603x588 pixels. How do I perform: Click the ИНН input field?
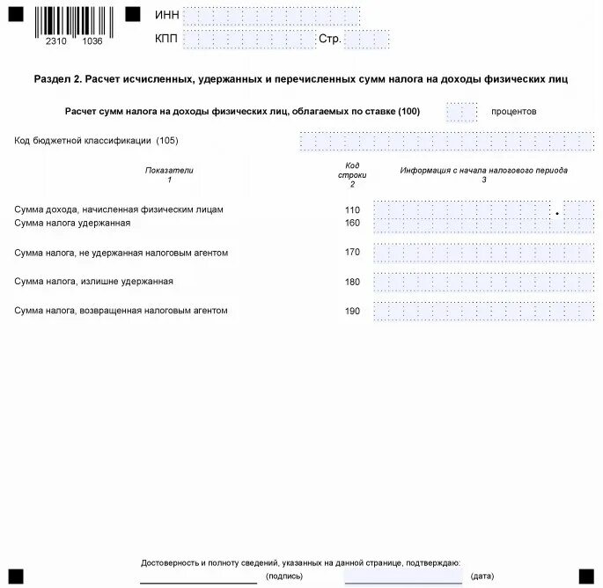click(271, 16)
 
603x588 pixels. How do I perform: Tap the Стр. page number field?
click(366, 40)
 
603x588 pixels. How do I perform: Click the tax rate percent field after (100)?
click(461, 112)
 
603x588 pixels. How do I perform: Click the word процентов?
click(513, 112)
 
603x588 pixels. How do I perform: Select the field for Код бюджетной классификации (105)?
click(446, 141)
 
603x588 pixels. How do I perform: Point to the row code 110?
click(352, 210)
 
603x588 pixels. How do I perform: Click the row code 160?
click(352, 223)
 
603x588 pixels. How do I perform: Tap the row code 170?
click(352, 253)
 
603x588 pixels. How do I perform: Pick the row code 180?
click(352, 282)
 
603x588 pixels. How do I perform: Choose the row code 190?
click(352, 311)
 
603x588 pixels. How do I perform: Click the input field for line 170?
click(483, 253)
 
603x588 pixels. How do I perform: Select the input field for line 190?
click(483, 311)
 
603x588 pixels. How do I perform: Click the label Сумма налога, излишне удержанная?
click(94, 282)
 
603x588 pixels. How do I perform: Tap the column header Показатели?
click(169, 170)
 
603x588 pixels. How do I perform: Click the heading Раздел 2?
click(57, 79)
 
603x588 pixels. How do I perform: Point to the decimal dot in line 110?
click(557, 213)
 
